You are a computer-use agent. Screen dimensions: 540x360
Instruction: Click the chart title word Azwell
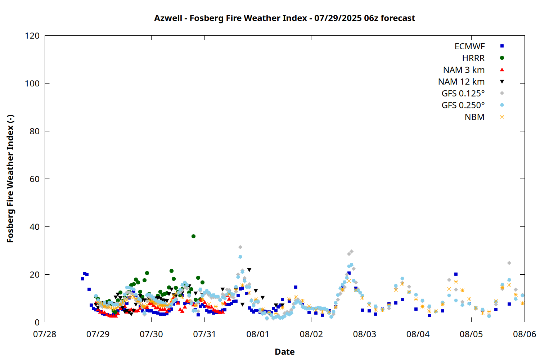tap(168, 18)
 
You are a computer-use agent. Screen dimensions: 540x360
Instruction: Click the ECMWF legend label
tap(469, 46)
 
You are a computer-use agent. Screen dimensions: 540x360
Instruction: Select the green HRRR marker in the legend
tap(502, 58)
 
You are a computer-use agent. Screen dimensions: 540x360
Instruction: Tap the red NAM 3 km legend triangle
tap(502, 70)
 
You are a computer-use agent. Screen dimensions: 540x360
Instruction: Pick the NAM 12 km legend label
tap(461, 82)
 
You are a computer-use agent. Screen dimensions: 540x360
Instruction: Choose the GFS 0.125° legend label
tap(463, 93)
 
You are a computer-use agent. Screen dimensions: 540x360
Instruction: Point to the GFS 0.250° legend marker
tap(502, 105)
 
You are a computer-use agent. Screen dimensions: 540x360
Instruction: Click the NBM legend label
tap(474, 117)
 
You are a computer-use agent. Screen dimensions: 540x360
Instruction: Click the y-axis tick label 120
tap(32, 36)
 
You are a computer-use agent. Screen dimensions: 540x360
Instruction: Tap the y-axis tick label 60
tap(35, 179)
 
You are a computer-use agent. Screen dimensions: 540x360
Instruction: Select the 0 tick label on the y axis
tap(37, 322)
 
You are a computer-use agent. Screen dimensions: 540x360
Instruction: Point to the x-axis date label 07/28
tap(45, 334)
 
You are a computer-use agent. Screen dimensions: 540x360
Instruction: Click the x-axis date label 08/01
tap(258, 334)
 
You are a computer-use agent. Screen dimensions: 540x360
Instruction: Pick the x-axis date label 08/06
tap(524, 334)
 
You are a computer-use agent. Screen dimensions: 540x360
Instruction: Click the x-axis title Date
tap(285, 352)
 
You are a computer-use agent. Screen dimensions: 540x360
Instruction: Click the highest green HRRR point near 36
tap(193, 236)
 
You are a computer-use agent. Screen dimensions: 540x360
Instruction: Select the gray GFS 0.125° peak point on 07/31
tap(240, 247)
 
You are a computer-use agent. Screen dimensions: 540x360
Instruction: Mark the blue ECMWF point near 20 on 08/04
tap(456, 274)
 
